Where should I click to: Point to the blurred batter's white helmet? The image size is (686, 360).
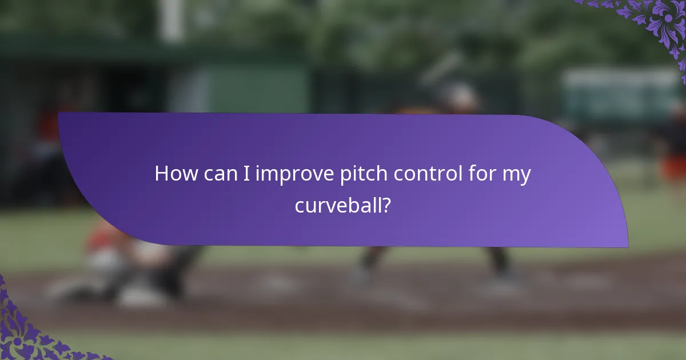tap(461, 97)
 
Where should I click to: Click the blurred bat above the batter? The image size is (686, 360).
tap(443, 66)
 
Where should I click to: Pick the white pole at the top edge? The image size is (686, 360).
tap(171, 17)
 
